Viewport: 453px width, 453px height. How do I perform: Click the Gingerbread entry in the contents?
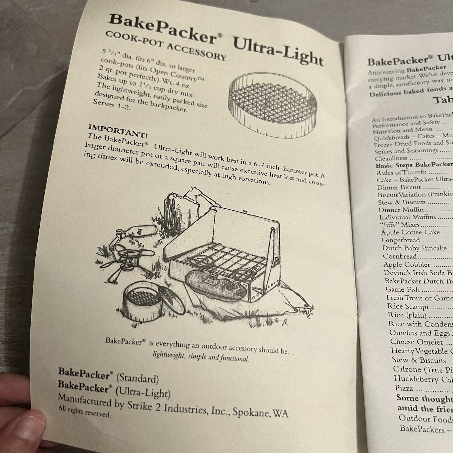(x=400, y=240)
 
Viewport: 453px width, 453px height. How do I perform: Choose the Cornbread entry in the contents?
(x=399, y=256)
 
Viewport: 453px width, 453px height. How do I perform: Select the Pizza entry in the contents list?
(x=404, y=388)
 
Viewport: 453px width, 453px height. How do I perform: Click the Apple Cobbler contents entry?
(x=407, y=265)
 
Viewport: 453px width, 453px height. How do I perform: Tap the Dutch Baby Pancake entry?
(x=414, y=248)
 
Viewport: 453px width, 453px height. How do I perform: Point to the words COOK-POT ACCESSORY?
(x=166, y=45)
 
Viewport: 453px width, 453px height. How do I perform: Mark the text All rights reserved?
(x=84, y=411)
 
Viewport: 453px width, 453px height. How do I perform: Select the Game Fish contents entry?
(x=402, y=289)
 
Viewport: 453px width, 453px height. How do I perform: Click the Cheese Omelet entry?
(x=416, y=342)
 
